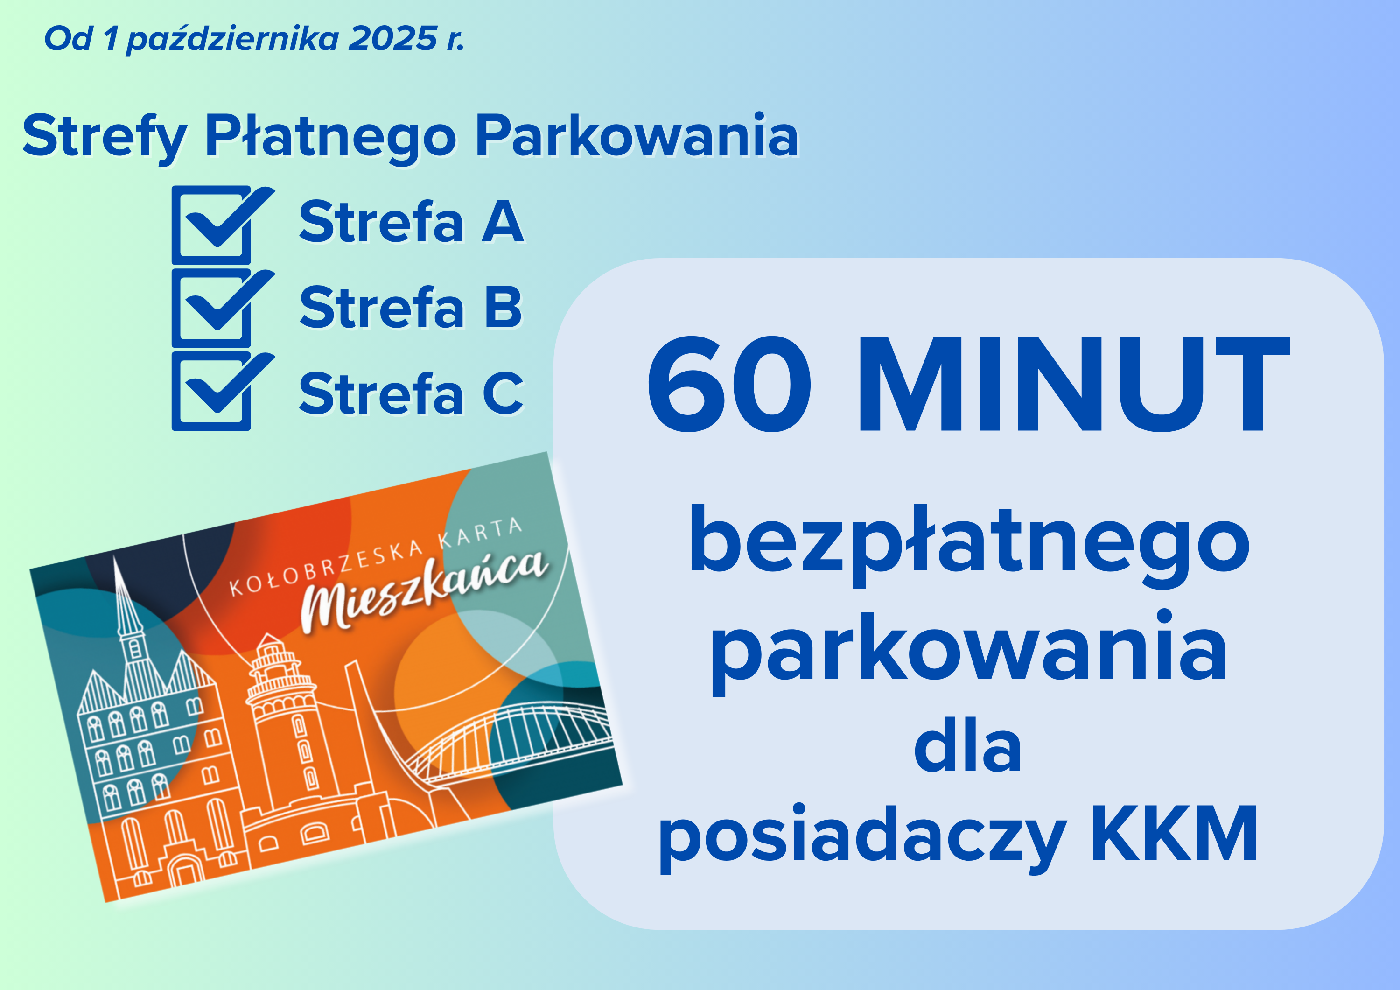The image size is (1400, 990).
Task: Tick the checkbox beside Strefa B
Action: pyautogui.click(x=211, y=309)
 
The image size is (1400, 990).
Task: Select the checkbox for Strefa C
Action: pyautogui.click(x=211, y=392)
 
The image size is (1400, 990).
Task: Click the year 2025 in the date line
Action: pyautogui.click(x=392, y=38)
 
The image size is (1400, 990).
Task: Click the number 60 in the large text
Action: pyautogui.click(x=730, y=384)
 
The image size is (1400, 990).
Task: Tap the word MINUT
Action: pyautogui.click(x=1074, y=384)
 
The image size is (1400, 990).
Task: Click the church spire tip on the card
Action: pyautogui.click(x=115, y=559)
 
